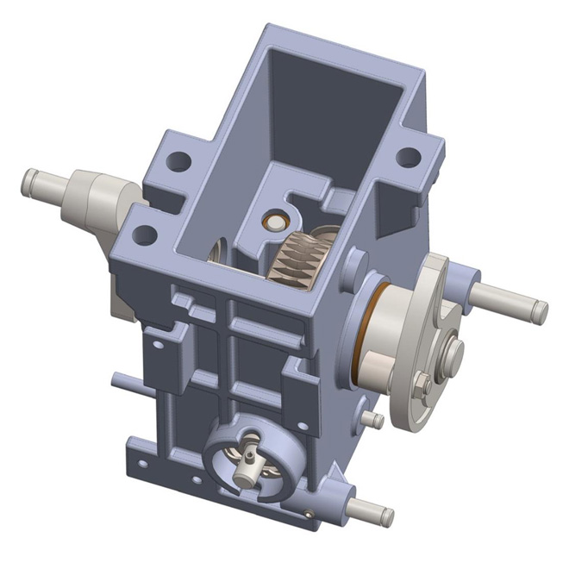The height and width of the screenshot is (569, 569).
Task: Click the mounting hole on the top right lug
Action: (x=408, y=157)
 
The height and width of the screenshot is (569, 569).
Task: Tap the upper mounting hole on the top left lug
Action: (x=179, y=160)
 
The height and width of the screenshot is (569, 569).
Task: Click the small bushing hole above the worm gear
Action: (x=275, y=222)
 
